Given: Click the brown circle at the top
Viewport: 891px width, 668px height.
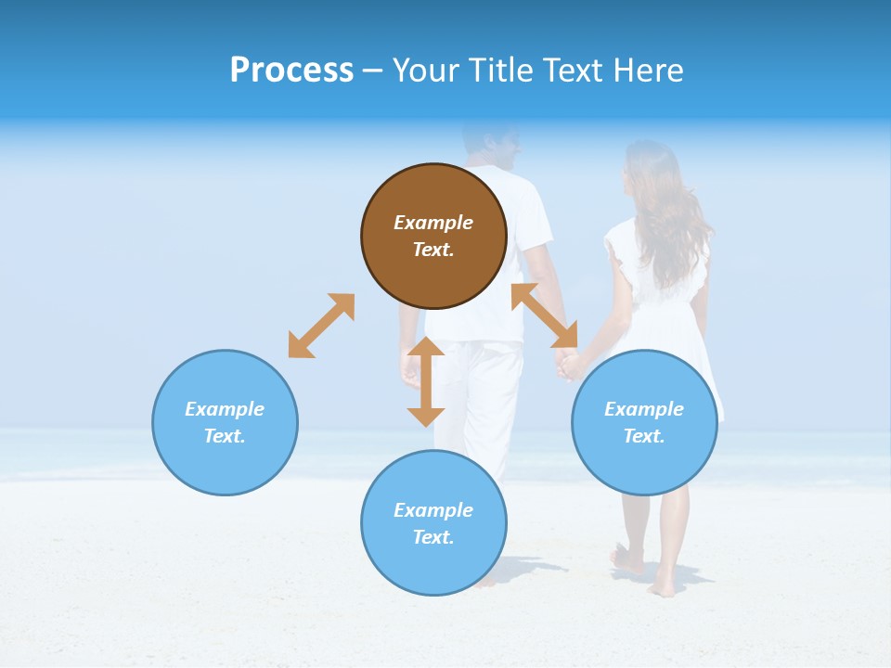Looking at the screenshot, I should point(433,236).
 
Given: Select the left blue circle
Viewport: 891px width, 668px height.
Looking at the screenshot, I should point(225,422).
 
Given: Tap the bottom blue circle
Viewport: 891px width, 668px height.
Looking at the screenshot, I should point(433,523).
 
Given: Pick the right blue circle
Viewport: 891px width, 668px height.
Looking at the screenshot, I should point(644,422).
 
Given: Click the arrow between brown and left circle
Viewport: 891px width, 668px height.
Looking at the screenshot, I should point(321,326).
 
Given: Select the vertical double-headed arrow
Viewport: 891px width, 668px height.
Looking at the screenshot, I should point(426,381).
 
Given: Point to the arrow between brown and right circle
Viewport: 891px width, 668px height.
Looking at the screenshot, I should point(545,315).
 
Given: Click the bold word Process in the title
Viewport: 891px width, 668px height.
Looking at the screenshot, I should point(291,71).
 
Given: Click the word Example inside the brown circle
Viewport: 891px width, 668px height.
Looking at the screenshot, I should point(433,223).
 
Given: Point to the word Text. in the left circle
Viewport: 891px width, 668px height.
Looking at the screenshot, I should point(225,436).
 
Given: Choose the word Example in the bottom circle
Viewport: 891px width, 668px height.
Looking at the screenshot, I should point(433,510).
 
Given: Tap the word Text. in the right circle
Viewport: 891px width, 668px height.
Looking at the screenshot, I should point(644,436).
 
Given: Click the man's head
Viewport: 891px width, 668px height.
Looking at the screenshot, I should point(492,144).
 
